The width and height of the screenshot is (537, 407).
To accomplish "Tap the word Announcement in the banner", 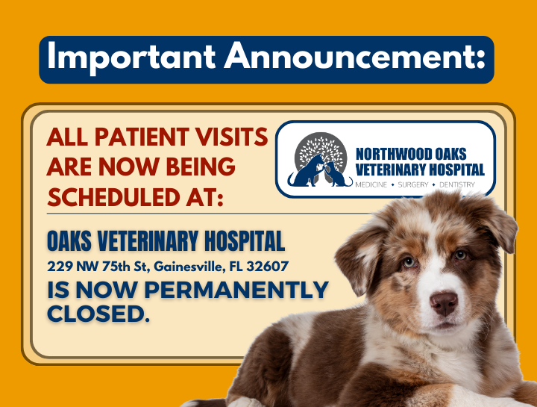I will [x=346, y=58].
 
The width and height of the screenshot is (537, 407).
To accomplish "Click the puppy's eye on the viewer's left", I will [x=408, y=261].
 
